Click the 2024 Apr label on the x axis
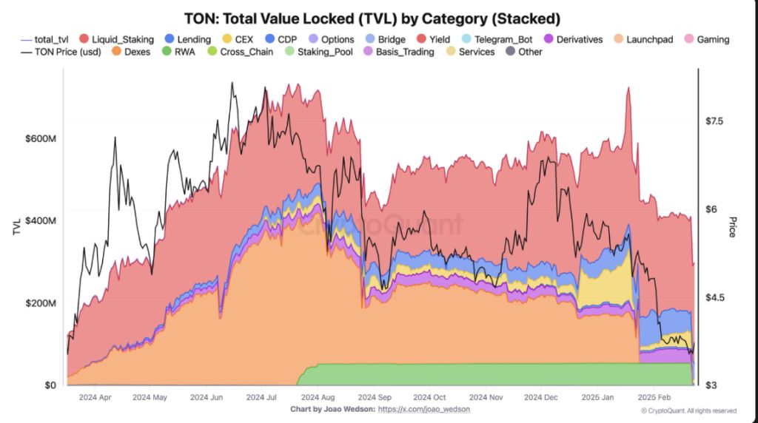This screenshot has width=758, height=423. [x=94, y=397]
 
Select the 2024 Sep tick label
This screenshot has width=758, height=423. [x=372, y=397]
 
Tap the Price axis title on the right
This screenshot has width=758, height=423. [x=733, y=226]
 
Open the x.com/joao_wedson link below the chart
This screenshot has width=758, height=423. [x=423, y=409]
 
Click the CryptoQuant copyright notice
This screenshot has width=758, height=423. [x=688, y=410]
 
